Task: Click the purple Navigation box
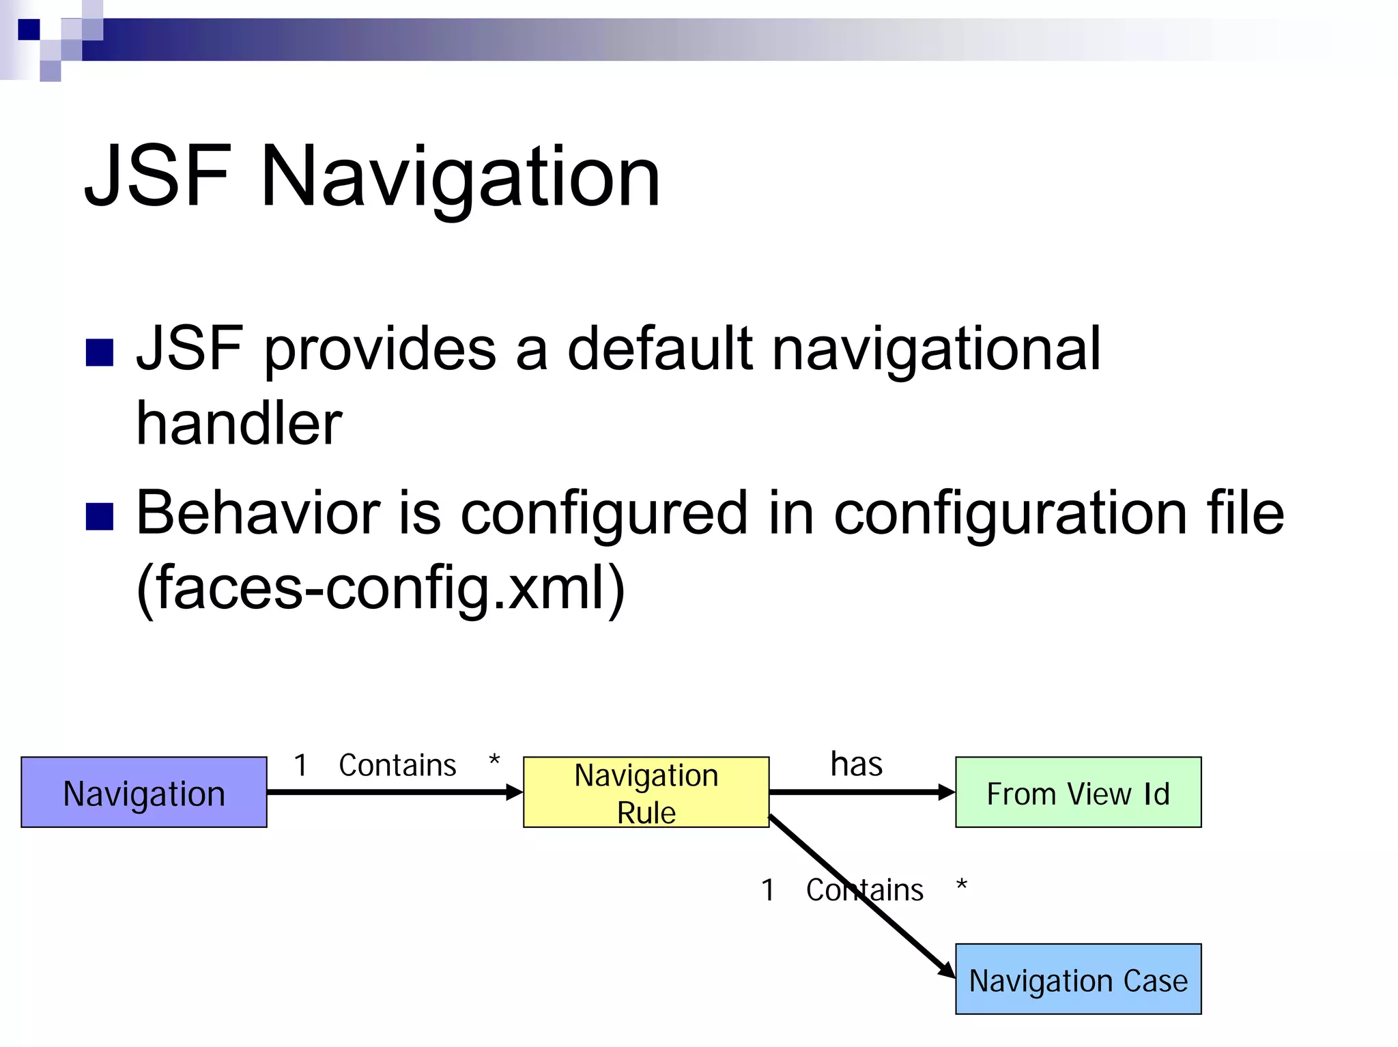click(143, 792)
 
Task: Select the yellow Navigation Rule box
click(646, 792)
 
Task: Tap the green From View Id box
click(1078, 792)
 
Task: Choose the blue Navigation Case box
click(1078, 979)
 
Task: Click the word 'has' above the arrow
click(856, 764)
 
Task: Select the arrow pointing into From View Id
click(861, 792)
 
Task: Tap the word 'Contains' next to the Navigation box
click(397, 765)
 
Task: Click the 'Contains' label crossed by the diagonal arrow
click(864, 890)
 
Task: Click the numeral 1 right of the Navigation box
click(300, 765)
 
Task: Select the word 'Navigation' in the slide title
click(460, 179)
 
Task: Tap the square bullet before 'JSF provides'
click(100, 353)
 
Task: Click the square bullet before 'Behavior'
click(100, 517)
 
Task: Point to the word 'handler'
click(239, 424)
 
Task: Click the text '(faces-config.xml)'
click(380, 588)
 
